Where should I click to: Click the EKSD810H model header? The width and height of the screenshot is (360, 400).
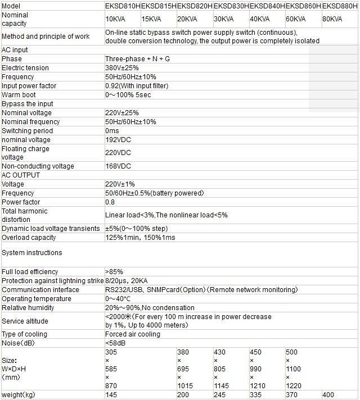point(123,5)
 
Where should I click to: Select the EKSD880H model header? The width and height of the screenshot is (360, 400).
point(340,5)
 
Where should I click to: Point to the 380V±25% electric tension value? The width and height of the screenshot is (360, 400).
point(121,68)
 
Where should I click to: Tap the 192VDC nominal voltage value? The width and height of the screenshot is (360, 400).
point(118,140)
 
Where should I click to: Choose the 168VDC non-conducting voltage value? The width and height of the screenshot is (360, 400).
point(118,166)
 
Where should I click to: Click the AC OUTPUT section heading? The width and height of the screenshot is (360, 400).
point(22,175)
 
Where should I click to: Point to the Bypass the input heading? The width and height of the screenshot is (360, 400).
point(28,104)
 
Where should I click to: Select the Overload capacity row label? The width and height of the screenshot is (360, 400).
point(29,238)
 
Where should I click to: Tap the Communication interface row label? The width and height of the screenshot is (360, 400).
point(40,290)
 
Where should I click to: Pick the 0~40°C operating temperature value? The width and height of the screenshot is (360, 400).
point(118,299)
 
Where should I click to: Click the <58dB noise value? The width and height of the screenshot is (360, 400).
point(115,343)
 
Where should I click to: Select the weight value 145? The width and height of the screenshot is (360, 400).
point(111,396)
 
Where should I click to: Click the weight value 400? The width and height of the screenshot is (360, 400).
point(328,396)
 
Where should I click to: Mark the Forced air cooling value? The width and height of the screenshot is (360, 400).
point(132,334)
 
